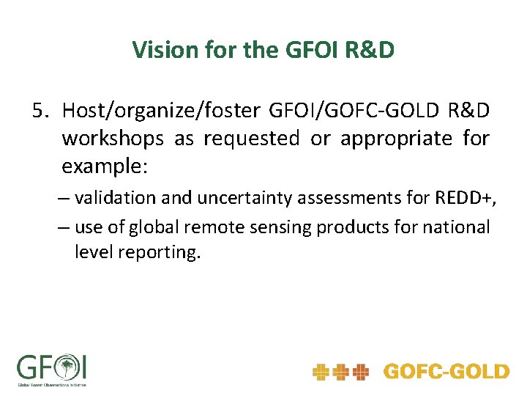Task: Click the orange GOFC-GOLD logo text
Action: pos(446,372)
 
